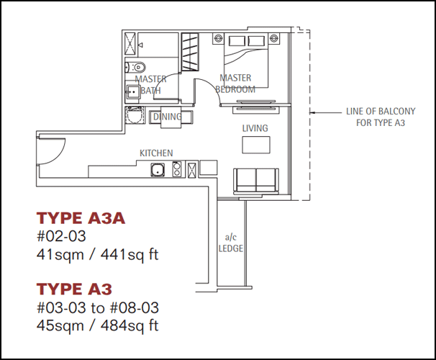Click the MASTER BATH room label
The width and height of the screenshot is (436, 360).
(x=150, y=84)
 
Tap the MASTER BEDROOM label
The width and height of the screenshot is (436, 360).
(x=235, y=84)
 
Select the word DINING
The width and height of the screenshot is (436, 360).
(x=168, y=117)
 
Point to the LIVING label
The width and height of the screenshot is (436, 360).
(x=255, y=128)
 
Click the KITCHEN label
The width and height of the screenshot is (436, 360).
(x=156, y=153)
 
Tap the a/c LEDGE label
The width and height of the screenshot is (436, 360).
(x=231, y=243)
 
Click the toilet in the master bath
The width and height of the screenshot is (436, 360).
(x=135, y=67)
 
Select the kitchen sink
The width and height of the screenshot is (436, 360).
(x=158, y=170)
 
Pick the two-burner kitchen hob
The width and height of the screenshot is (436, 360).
(x=177, y=169)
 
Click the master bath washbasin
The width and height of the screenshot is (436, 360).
(x=133, y=91)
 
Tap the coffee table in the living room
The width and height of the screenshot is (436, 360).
(x=256, y=145)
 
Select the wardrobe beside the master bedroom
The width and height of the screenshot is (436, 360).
(x=190, y=52)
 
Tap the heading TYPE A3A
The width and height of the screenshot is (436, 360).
(x=81, y=218)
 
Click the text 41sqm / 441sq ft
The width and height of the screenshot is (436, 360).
(x=97, y=255)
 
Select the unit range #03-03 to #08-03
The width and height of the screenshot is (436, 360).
(x=98, y=307)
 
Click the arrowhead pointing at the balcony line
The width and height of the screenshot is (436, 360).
(x=312, y=112)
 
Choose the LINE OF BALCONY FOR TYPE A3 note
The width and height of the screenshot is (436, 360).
(x=381, y=117)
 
